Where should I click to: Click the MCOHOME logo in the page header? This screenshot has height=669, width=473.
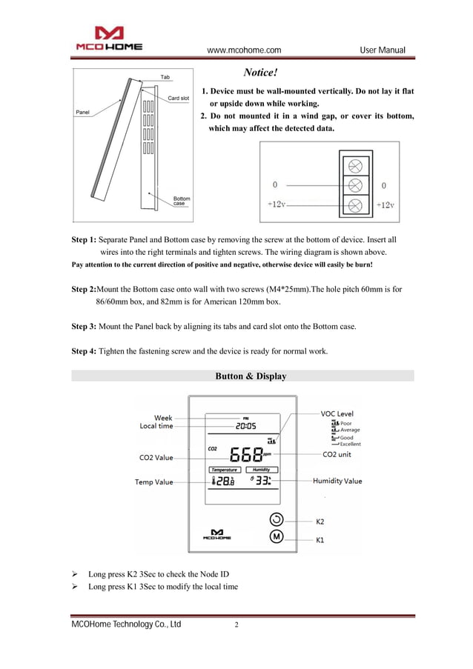(x=109, y=39)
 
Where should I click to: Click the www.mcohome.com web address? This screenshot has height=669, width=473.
(x=243, y=50)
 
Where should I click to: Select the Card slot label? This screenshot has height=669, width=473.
(x=178, y=99)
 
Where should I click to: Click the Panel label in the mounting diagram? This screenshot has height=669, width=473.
(x=83, y=112)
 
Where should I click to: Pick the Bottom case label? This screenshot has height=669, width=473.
(x=182, y=201)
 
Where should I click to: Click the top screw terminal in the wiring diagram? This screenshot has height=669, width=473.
(x=355, y=165)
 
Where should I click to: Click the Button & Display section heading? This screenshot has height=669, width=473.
(x=251, y=376)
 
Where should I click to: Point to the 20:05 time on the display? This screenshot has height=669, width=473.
(x=245, y=426)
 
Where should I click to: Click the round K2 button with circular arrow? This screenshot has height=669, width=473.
(x=276, y=519)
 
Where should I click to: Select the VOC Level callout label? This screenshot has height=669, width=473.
(x=337, y=413)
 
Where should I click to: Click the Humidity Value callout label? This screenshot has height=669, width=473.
(x=337, y=481)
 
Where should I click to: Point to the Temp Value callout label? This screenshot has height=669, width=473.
(x=153, y=482)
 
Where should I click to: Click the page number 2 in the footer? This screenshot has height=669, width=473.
(x=236, y=625)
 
